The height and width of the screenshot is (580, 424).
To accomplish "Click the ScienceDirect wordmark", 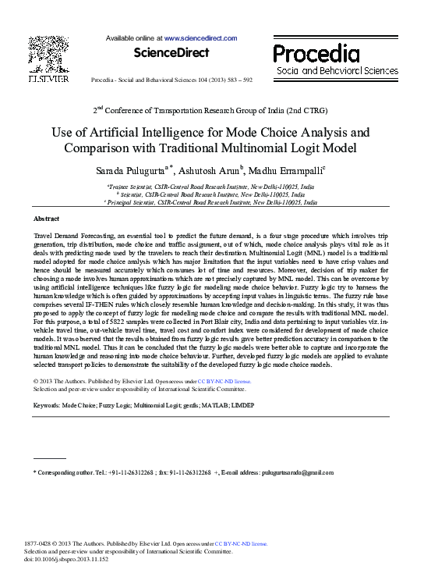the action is [x=171, y=53].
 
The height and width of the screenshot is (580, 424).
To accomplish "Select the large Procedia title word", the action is [x=316, y=53].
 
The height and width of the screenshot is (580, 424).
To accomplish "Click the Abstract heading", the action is [x=48, y=219].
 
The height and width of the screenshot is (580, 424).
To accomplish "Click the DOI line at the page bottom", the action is [x=66, y=560].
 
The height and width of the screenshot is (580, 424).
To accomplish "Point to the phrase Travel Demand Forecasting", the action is [x=73, y=234].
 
